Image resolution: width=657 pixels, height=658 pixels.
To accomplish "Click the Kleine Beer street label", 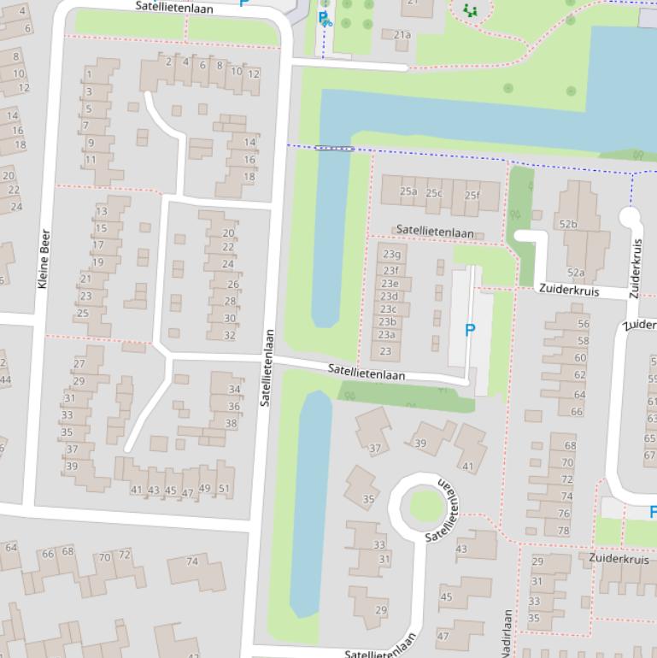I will [44, 258].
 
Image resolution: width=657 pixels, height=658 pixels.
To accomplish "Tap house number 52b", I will [568, 224].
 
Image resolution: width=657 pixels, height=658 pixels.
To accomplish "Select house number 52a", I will [576, 273].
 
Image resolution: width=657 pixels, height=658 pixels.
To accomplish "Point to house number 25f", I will [472, 195].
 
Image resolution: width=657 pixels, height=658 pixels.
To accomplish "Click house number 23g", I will [391, 254].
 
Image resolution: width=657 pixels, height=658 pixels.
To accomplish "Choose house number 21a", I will [402, 35].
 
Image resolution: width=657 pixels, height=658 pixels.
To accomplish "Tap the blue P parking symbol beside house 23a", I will [469, 330].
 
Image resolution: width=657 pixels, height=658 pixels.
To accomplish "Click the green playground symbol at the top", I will [469, 10].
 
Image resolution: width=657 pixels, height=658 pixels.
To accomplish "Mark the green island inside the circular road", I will [423, 506].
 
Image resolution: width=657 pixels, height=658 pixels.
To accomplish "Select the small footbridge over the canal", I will [334, 149].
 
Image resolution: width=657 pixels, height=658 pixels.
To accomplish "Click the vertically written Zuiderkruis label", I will [635, 268].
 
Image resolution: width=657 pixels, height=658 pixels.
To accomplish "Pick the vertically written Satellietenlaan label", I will [266, 367].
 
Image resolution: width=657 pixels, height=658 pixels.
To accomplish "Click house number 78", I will [563, 530].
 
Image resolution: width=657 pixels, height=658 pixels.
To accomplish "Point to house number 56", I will [583, 324].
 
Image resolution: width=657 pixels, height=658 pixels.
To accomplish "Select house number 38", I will [231, 423].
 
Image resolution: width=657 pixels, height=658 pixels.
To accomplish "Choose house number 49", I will [204, 489].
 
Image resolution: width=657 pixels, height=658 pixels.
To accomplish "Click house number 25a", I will [408, 191].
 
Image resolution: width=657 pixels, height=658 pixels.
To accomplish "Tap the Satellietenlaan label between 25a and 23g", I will [435, 232].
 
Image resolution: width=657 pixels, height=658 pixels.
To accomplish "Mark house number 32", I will [229, 335].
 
